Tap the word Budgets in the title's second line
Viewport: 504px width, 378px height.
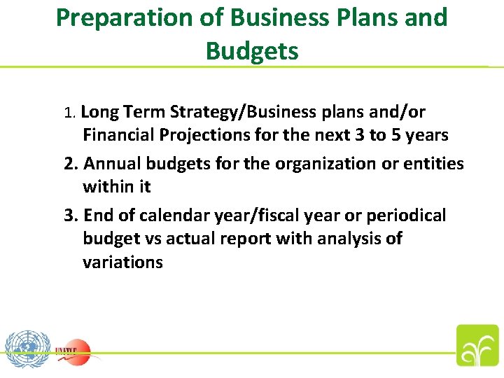pyautogui.click(x=252, y=50)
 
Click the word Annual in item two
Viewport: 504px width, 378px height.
pyautogui.click(x=113, y=164)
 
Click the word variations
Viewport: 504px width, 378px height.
pyautogui.click(x=122, y=262)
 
